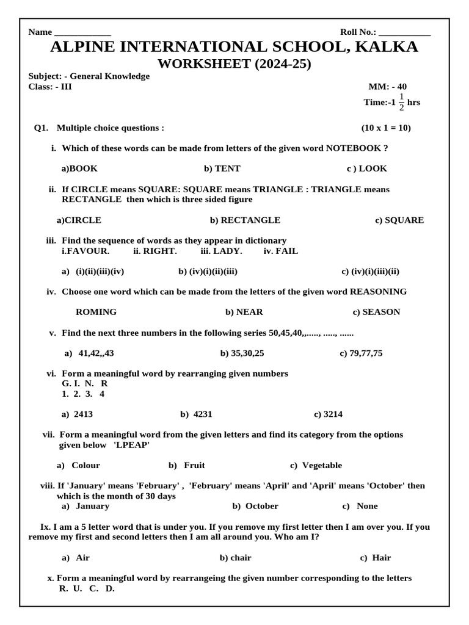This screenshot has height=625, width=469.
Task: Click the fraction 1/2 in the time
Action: [401, 103]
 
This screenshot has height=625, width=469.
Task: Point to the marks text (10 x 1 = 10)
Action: [386, 128]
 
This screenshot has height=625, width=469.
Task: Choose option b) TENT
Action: [222, 168]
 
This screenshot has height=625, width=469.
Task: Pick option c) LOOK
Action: [367, 168]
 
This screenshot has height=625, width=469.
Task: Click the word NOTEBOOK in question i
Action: [354, 148]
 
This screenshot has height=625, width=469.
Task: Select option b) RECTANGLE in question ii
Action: [245, 220]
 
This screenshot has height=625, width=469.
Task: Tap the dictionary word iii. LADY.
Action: [221, 251]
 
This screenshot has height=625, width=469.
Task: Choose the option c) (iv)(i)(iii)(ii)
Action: [370, 272]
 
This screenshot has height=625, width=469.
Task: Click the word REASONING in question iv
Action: [378, 292]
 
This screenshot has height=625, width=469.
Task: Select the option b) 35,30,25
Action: [242, 353]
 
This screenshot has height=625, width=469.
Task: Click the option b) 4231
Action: [196, 414]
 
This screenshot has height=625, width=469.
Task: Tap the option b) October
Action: [255, 506]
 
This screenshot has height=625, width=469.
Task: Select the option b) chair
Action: [235, 557]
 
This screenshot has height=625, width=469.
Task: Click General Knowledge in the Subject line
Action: [109, 76]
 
